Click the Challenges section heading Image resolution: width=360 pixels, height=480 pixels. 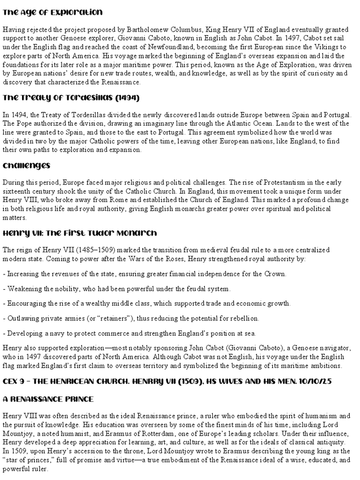click(27, 165)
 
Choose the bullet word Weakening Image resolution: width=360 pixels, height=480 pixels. click(26, 289)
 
